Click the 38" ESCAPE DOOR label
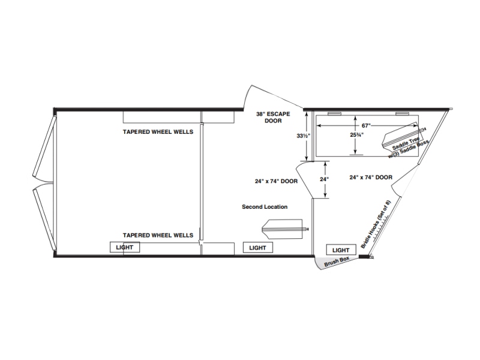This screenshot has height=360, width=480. pyautogui.click(x=273, y=117)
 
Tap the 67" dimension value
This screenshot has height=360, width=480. pyautogui.click(x=366, y=125)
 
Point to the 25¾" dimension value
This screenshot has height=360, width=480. pyautogui.click(x=357, y=134)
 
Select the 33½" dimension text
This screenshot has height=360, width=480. pyautogui.click(x=304, y=136)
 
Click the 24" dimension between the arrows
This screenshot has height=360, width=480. pyautogui.click(x=324, y=179)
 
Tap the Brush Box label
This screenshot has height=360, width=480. pyautogui.click(x=337, y=262)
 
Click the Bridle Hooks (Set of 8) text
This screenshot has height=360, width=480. pyautogui.click(x=376, y=224)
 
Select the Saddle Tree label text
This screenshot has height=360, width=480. pyautogui.click(x=406, y=143)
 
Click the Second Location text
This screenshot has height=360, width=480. pyautogui.click(x=265, y=207)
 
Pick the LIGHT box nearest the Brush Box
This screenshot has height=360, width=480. pyautogui.click(x=341, y=250)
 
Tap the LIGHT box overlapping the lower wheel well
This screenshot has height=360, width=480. pyautogui.click(x=125, y=247)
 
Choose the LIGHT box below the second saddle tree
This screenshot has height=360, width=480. pyautogui.click(x=258, y=248)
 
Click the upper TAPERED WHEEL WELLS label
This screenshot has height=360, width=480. pyautogui.click(x=158, y=132)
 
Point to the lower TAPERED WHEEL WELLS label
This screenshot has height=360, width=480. pyautogui.click(x=158, y=235)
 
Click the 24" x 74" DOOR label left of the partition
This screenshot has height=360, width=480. pyautogui.click(x=276, y=181)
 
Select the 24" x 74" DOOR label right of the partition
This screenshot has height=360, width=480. pyautogui.click(x=371, y=177)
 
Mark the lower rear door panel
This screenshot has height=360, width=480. pyautogui.click(x=44, y=218)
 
